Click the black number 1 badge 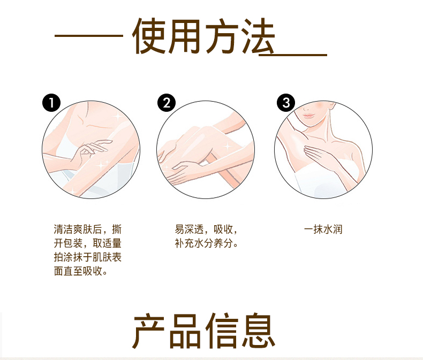pyautogui.click(x=51, y=103)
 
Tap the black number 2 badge pyautogui.click(x=167, y=103)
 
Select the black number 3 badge pyautogui.click(x=286, y=103)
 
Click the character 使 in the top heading pyautogui.click(x=149, y=36)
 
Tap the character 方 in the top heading pyautogui.click(x=222, y=36)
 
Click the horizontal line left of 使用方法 pyautogui.click(x=89, y=35)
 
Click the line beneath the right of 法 pyautogui.click(x=293, y=55)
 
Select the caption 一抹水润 pyautogui.click(x=323, y=229)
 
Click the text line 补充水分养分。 pyautogui.click(x=206, y=243)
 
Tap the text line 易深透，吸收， pyautogui.click(x=206, y=229)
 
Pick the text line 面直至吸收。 pyautogui.click(x=81, y=271)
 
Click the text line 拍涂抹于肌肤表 pyautogui.click(x=88, y=257)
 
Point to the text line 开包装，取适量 pyautogui.click(x=88, y=243)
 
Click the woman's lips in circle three pyautogui.click(x=308, y=116)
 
